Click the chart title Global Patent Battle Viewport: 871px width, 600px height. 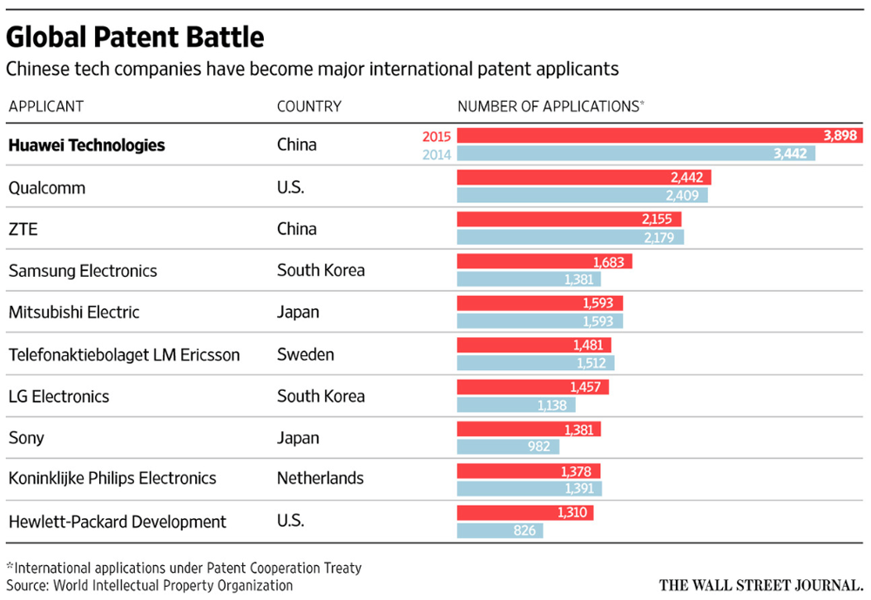click(x=136, y=38)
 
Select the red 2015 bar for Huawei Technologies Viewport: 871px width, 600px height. click(x=645, y=135)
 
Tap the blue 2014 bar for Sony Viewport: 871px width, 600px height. click(x=508, y=446)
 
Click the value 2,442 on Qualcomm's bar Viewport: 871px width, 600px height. click(x=687, y=177)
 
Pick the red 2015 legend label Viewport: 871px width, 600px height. click(x=435, y=136)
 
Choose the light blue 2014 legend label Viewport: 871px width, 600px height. click(x=435, y=153)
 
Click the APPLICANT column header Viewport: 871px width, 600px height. click(x=46, y=106)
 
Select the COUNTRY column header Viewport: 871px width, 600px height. click(x=309, y=106)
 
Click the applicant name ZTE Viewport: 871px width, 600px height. click(x=23, y=229)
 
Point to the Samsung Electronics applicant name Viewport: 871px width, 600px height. click(x=83, y=271)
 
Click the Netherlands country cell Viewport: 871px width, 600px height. click(x=321, y=478)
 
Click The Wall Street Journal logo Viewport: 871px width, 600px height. click(x=760, y=585)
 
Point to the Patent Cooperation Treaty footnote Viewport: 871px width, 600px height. click(x=184, y=568)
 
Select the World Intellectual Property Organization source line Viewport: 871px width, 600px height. click(x=150, y=585)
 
